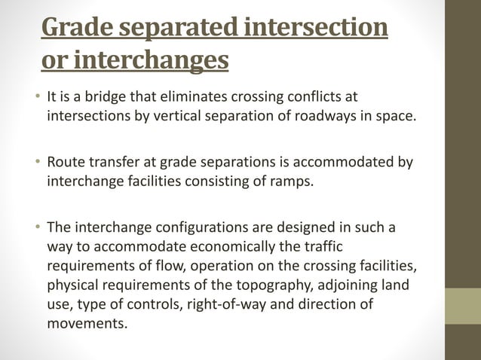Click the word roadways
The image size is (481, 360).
coord(339,117)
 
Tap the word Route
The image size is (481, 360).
coord(66,162)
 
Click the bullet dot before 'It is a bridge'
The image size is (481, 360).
coord(36,98)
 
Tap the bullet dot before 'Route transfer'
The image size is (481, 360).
coord(36,163)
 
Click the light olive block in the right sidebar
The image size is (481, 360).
coord(463,306)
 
